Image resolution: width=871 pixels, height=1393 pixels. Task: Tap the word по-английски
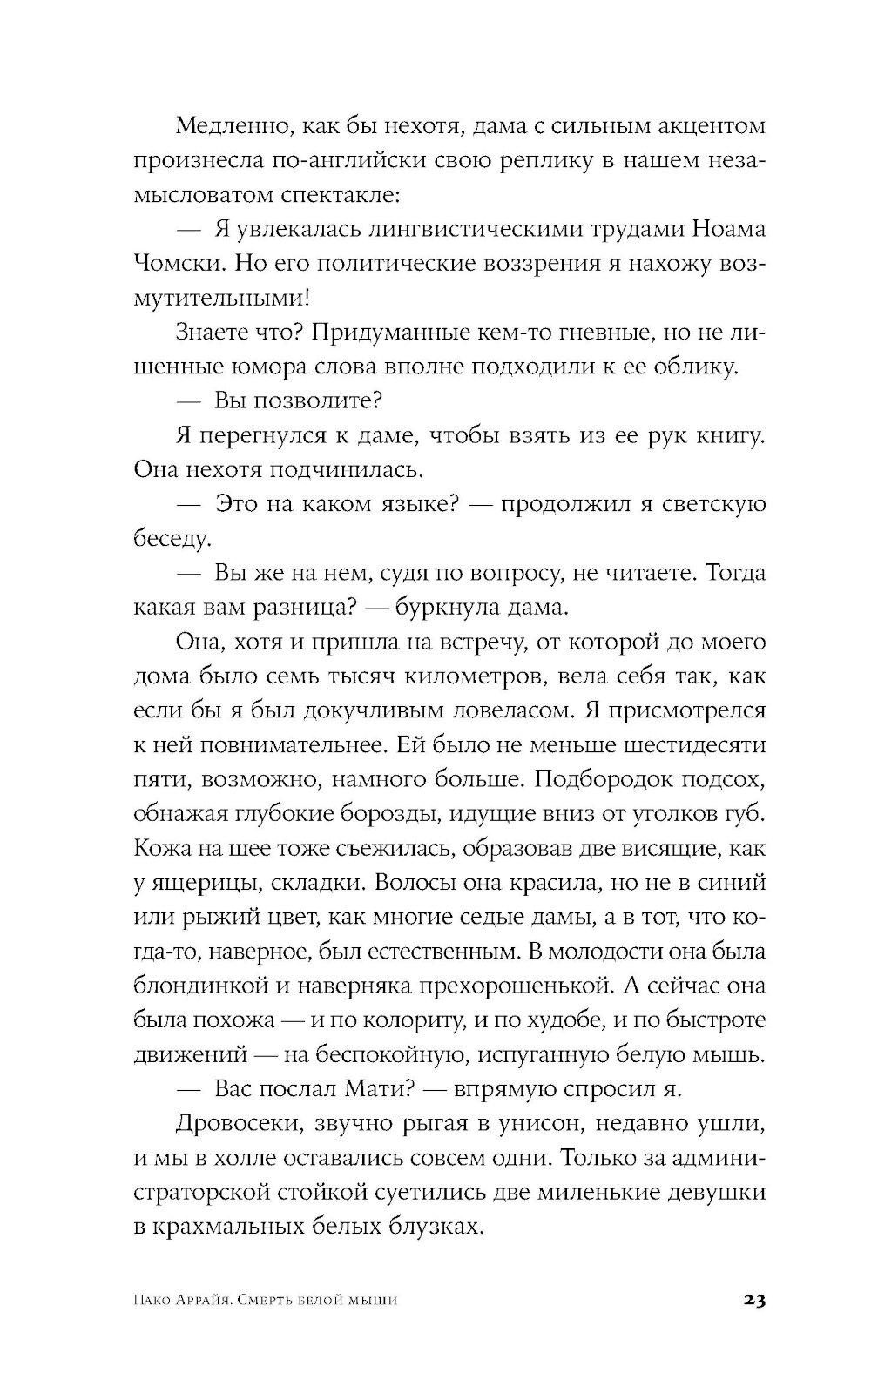(358, 161)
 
